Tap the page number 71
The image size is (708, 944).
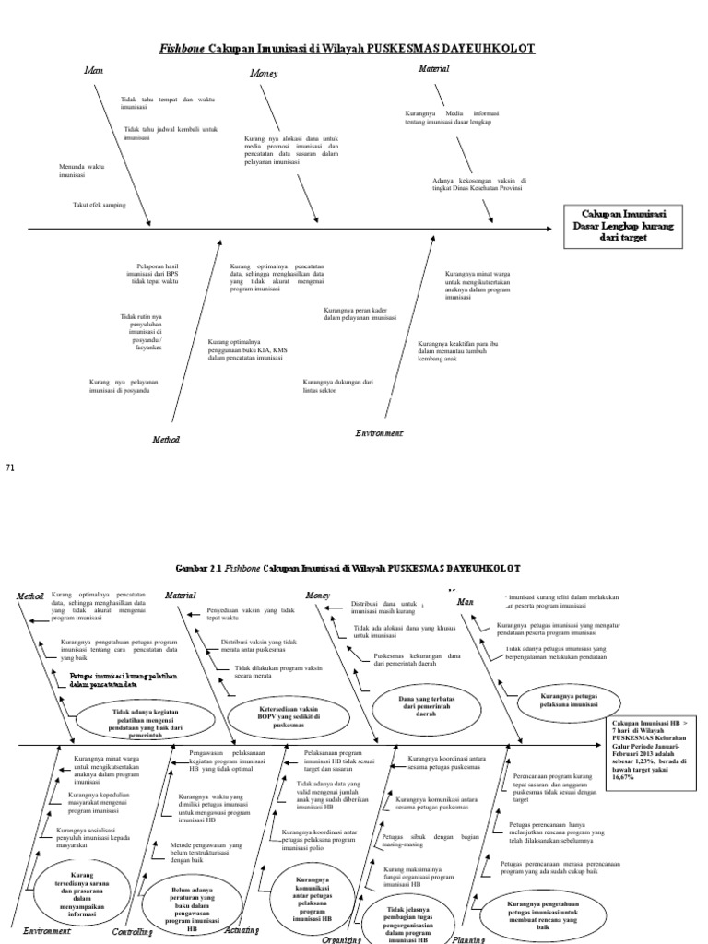pos(12,468)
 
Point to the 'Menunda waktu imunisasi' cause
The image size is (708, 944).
pos(84,170)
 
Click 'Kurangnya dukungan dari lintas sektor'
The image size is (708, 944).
pos(337,385)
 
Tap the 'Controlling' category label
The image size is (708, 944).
pos(133,932)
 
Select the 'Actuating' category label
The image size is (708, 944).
pos(242,930)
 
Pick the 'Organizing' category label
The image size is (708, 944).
pos(341,938)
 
